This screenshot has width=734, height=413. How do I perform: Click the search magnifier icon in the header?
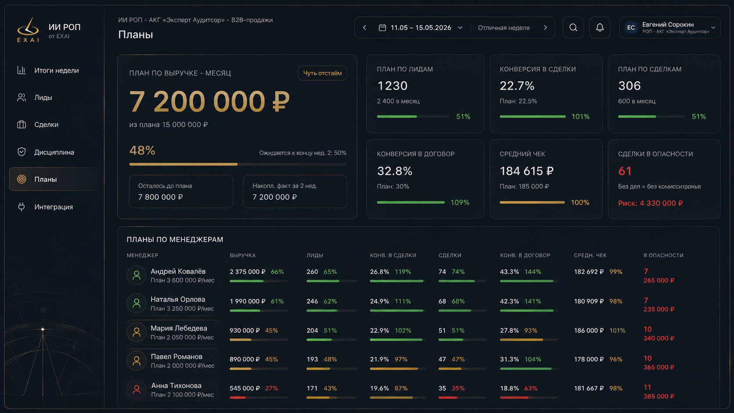(573, 28)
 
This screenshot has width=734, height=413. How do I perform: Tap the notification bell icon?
(600, 28)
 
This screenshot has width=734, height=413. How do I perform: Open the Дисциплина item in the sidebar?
(54, 152)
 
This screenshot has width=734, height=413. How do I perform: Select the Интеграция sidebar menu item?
(54, 207)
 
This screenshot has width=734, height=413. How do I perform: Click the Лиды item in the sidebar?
(43, 97)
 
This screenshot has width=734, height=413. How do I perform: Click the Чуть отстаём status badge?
(322, 73)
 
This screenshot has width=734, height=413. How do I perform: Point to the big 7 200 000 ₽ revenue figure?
(209, 101)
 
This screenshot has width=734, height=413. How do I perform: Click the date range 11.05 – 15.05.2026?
(421, 28)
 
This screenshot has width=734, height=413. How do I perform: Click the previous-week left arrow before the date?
(365, 28)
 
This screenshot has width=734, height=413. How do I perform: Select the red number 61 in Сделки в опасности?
(625, 171)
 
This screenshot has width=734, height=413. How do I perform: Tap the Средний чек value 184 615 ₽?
(527, 171)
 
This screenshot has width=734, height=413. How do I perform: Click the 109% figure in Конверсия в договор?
(460, 202)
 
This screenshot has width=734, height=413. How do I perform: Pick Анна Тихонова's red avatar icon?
(137, 390)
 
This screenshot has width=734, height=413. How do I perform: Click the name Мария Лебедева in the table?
(179, 328)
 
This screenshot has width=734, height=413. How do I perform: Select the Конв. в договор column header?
(525, 255)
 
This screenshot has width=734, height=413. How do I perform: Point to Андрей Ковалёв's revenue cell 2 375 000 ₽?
(248, 272)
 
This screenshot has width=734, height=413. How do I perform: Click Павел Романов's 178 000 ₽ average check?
(589, 359)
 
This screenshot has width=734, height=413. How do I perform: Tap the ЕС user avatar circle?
(631, 28)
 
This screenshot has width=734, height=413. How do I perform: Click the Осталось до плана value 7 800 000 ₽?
(161, 197)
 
